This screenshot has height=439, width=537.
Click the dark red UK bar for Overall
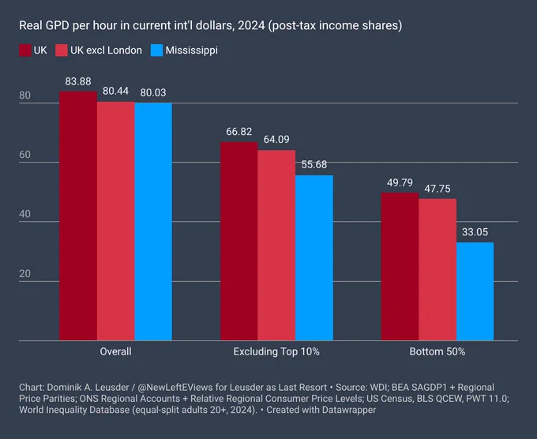click(x=78, y=216)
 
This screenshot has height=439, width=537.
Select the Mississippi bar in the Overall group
click(x=153, y=222)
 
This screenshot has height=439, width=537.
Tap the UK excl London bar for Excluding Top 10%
click(x=276, y=246)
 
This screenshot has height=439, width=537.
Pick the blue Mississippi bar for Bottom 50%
click(x=475, y=291)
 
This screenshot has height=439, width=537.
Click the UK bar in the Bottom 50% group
click(x=400, y=266)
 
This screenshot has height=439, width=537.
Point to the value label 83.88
click(x=78, y=81)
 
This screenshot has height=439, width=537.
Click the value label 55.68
click(x=314, y=165)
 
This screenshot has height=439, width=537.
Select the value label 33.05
click(x=475, y=232)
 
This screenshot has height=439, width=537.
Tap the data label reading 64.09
click(x=276, y=140)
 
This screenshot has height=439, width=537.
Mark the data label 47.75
click(x=437, y=189)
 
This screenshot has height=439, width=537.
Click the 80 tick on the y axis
click(x=24, y=96)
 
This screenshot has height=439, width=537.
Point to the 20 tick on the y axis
click(x=24, y=274)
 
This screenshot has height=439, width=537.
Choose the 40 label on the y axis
click(x=24, y=214)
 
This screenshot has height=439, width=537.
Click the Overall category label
click(x=116, y=351)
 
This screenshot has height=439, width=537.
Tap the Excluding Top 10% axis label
click(x=276, y=351)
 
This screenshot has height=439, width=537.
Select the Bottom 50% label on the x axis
click(x=437, y=351)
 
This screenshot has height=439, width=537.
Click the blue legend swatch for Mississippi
click(x=156, y=51)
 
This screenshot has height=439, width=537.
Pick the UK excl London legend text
click(x=106, y=51)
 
